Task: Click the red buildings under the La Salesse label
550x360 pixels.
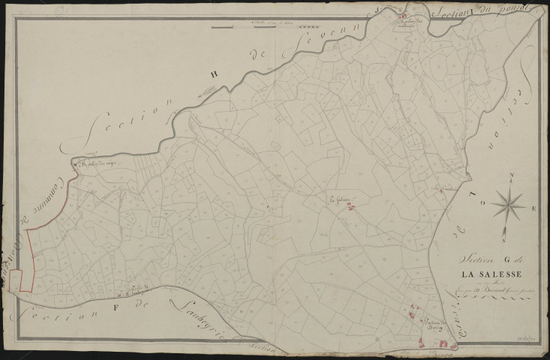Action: point(350,208)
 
